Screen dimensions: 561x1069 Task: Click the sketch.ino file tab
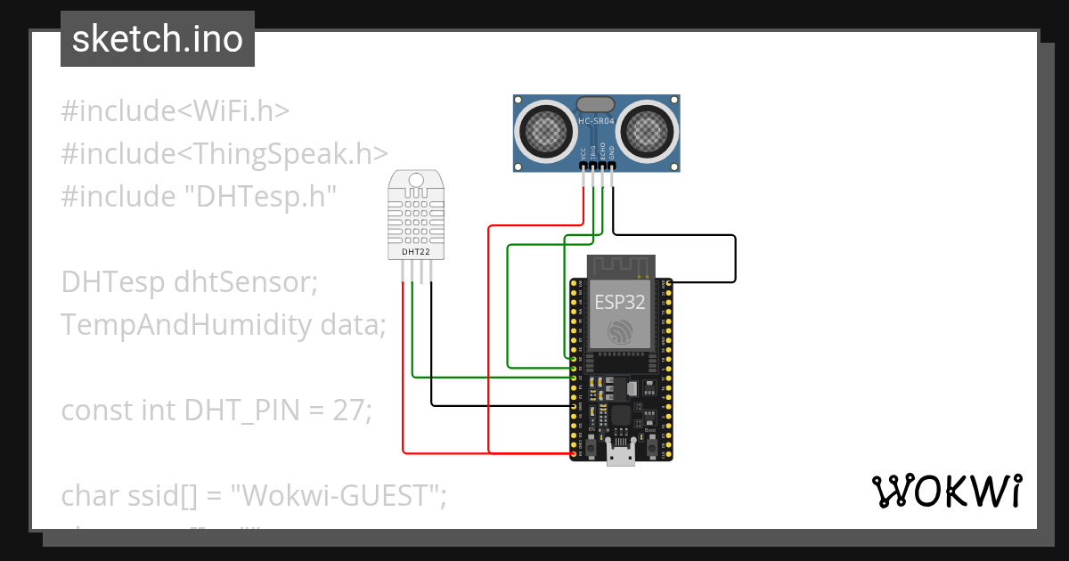point(157,39)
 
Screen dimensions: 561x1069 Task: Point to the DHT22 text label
point(415,252)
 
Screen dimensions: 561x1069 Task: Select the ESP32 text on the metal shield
point(620,301)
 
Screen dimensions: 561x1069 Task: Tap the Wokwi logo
point(946,491)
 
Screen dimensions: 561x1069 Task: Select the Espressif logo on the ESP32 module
point(620,333)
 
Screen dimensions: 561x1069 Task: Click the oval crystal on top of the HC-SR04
point(596,105)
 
